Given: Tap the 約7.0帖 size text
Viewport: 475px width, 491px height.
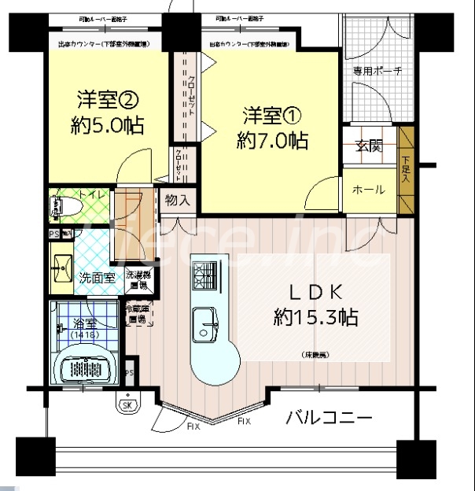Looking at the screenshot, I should point(272,141).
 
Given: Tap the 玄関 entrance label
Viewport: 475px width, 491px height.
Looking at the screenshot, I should point(369,146).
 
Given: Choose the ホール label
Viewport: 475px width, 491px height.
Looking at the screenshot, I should point(368,190).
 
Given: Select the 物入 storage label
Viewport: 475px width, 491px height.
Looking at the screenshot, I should point(178,200).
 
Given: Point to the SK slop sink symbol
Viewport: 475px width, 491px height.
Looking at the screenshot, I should point(127,405).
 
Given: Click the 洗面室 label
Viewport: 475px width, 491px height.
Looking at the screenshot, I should point(97,278).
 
